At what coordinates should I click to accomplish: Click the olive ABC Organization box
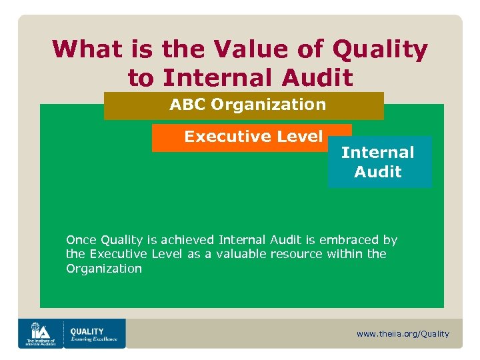click(244, 105)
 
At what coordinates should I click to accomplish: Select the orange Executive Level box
click(251, 137)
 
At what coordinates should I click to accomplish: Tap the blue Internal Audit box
click(379, 162)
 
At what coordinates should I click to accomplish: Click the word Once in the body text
click(81, 239)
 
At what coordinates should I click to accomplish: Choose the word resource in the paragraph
click(298, 254)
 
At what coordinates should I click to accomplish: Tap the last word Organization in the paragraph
click(103, 269)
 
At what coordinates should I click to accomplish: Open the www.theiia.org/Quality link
click(403, 334)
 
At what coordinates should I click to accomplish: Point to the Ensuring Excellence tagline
click(93, 339)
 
